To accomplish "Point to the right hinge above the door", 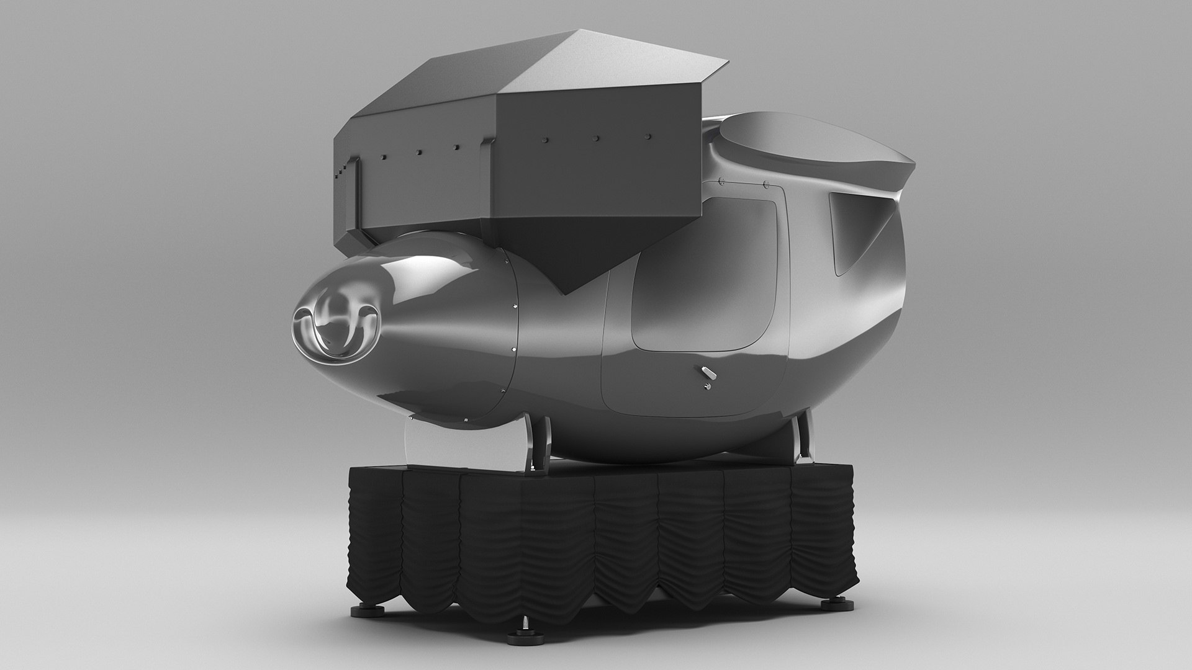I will [x=765, y=184].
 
